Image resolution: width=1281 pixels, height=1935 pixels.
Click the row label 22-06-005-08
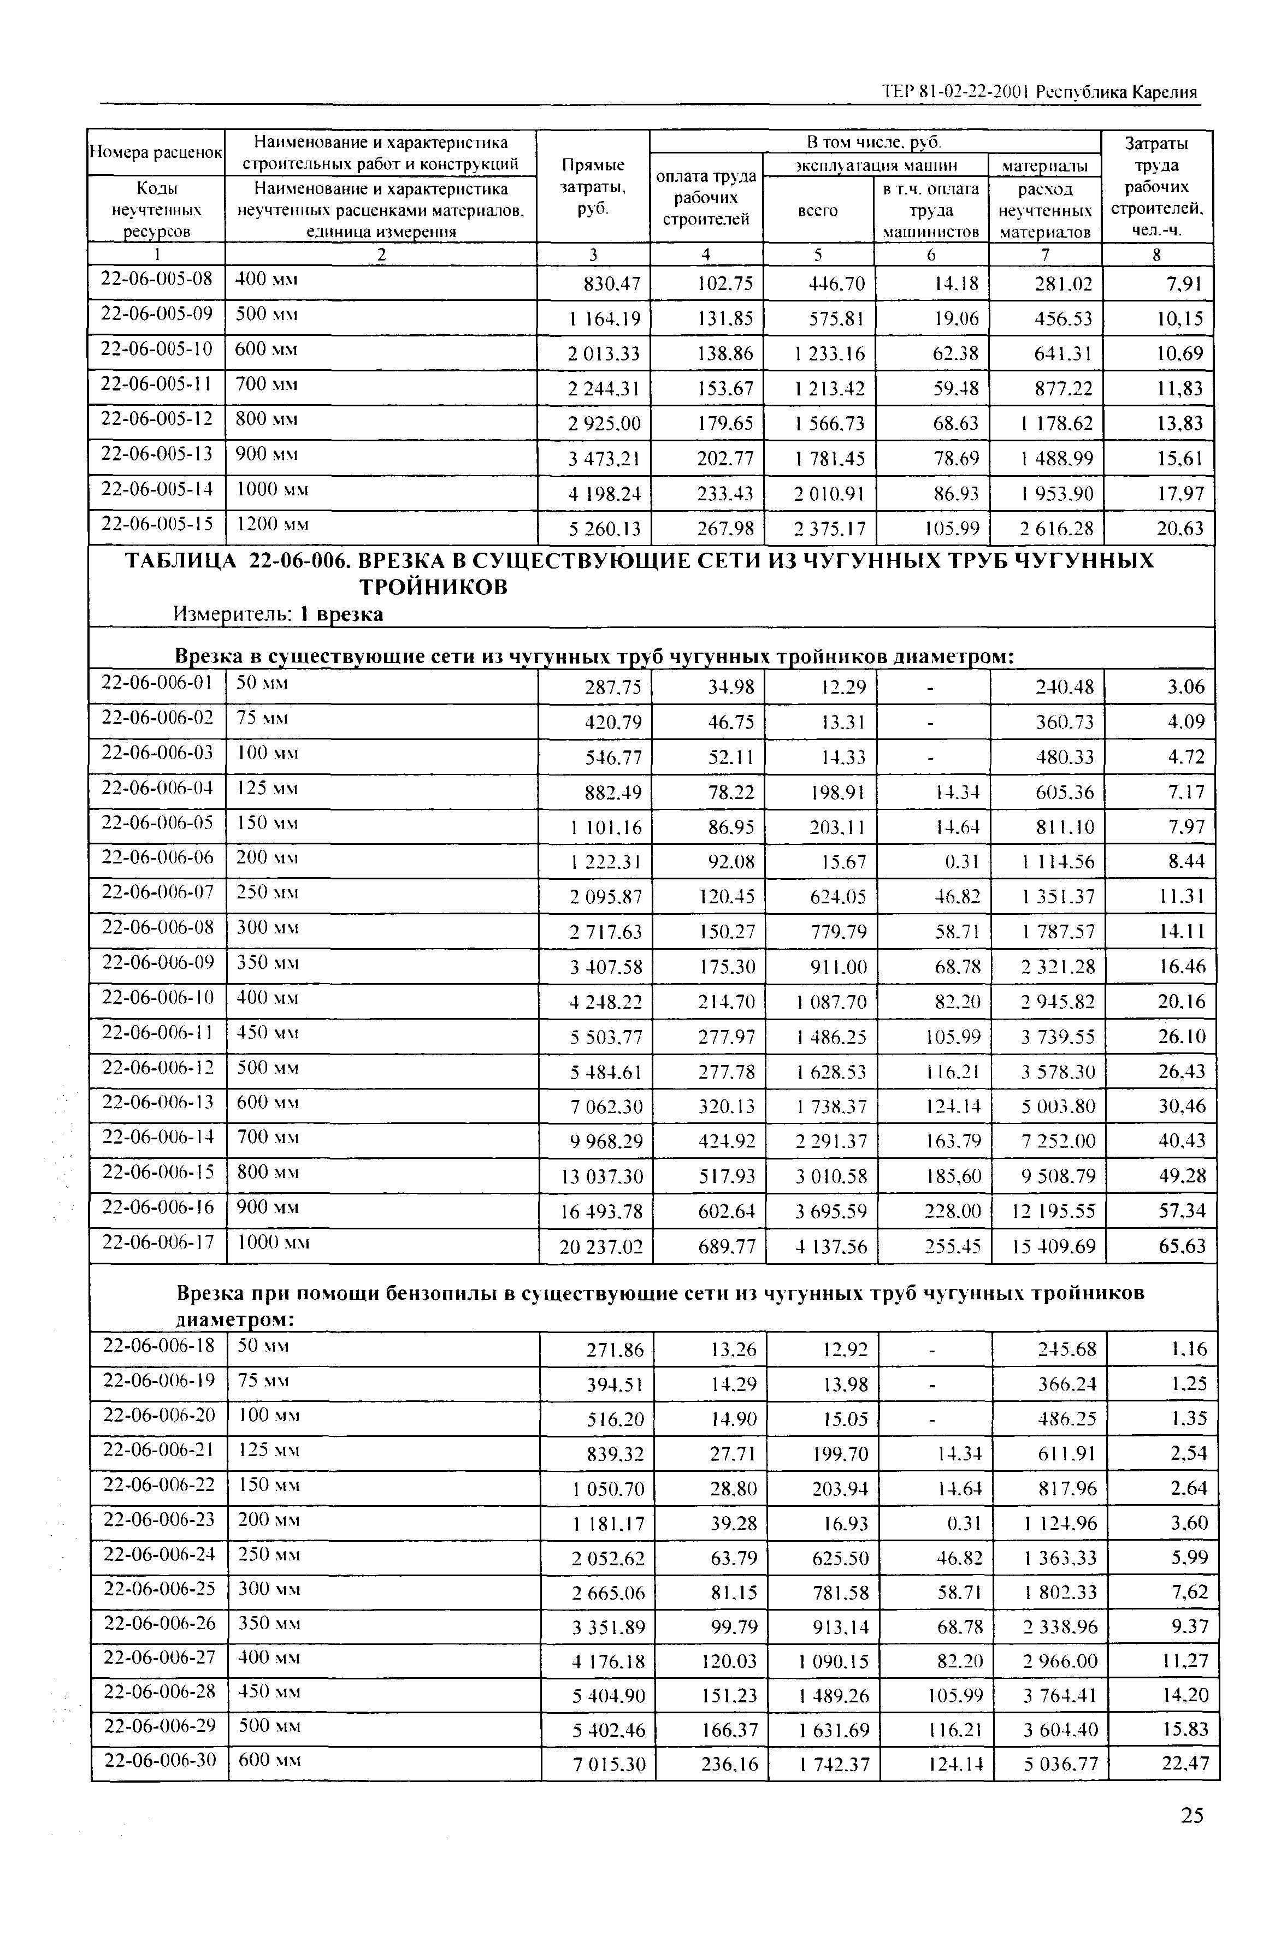pos(156,279)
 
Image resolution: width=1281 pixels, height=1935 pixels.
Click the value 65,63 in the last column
pos(1182,1246)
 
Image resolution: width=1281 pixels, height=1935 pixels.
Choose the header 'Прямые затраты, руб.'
pos(593,186)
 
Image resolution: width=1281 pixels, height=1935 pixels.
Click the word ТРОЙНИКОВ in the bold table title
pos(434,587)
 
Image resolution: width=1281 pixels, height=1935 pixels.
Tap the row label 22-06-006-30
pos(158,1759)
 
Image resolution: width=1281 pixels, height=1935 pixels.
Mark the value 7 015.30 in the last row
pos(608,1765)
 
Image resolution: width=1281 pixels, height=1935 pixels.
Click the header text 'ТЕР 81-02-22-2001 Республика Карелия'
pos(1039,92)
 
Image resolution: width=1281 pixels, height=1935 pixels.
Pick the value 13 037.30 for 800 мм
pos(601,1177)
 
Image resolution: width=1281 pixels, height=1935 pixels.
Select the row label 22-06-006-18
pos(158,1345)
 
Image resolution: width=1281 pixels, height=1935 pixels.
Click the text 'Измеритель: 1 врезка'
pos(278,613)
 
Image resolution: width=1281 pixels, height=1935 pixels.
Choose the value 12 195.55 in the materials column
pos(1053,1212)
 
